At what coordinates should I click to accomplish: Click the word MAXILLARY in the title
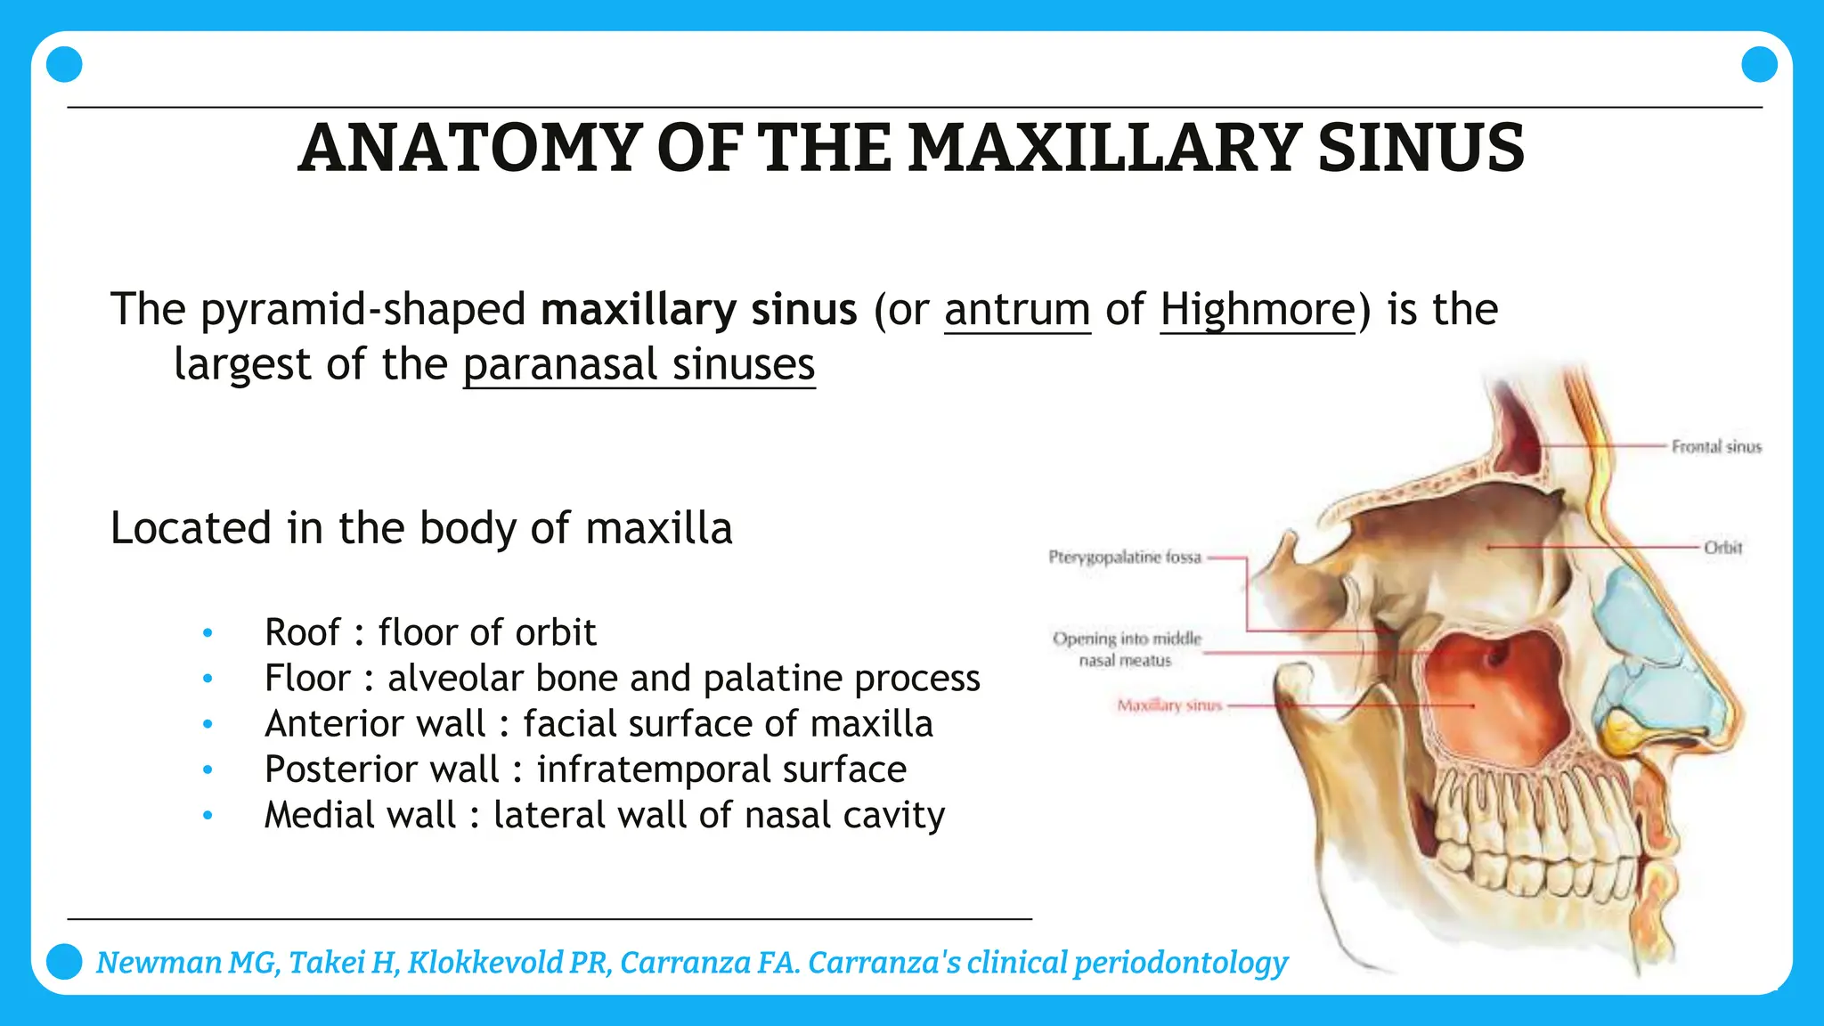click(x=1104, y=148)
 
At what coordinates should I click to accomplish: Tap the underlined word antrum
click(x=1017, y=310)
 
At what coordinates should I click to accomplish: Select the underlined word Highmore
click(x=1258, y=310)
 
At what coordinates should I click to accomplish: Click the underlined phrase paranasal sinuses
click(x=639, y=365)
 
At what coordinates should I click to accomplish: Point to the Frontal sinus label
click(x=1715, y=446)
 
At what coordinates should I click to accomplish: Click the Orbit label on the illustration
click(x=1722, y=547)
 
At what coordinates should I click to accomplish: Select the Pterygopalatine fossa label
click(x=1125, y=558)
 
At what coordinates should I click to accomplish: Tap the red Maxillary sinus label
click(x=1169, y=705)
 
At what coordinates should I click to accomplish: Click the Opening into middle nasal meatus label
click(x=1126, y=649)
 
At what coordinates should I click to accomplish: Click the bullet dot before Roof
click(x=208, y=633)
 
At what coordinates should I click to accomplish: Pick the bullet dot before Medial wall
click(x=208, y=815)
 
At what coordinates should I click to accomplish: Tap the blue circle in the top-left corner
click(x=64, y=64)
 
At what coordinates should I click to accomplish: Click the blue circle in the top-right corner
click(x=1759, y=64)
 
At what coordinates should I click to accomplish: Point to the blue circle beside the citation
click(x=64, y=962)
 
